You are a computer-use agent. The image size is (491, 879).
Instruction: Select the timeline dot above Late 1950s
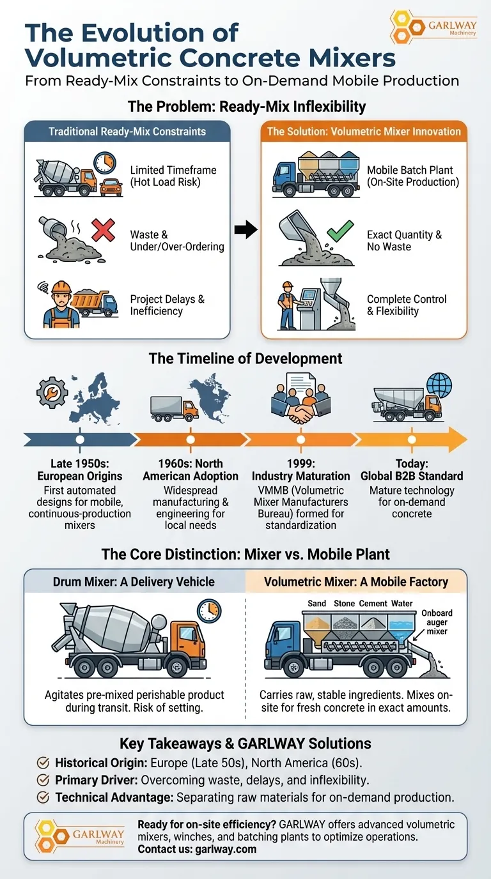(79, 439)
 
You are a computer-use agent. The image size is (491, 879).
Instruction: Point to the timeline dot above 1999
(301, 439)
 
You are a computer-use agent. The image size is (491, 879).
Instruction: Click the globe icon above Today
(439, 385)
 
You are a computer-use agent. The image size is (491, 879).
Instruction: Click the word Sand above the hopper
(316, 604)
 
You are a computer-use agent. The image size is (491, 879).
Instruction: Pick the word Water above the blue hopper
(402, 604)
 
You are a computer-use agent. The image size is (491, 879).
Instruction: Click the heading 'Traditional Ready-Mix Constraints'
(127, 132)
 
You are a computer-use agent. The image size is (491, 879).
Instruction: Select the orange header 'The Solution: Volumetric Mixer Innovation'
(364, 132)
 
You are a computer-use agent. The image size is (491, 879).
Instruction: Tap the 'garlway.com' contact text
(229, 850)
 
